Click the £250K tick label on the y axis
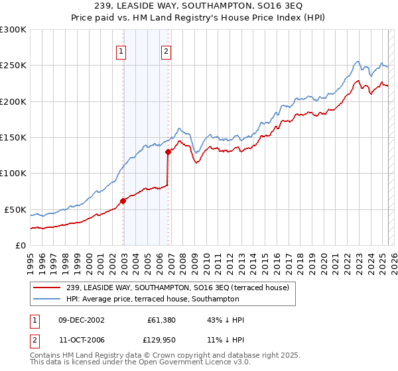point(13,66)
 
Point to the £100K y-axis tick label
point(13,174)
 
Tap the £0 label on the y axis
point(21,245)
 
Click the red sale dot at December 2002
point(123,201)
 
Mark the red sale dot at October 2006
point(168,152)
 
